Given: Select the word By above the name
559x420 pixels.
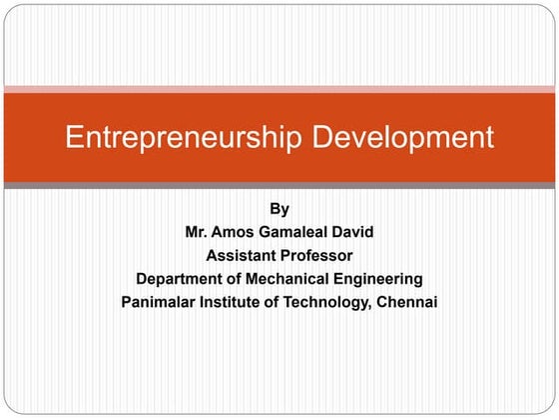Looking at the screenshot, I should point(279,209).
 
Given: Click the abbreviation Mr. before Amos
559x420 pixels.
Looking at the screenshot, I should point(200,232).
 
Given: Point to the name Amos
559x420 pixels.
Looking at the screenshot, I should point(244,232).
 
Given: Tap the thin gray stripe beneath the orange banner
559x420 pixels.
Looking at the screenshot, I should point(279,186).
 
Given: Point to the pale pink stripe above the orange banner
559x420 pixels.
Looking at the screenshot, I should point(279,89).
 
